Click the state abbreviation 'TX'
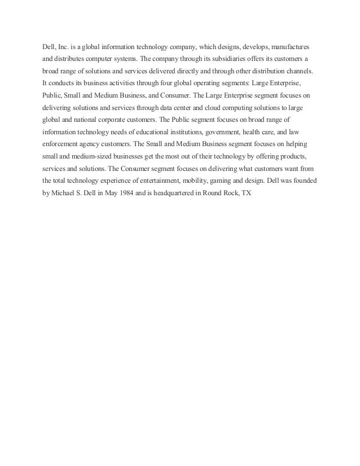click(x=247, y=193)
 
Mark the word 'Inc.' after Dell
click(x=63, y=45)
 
